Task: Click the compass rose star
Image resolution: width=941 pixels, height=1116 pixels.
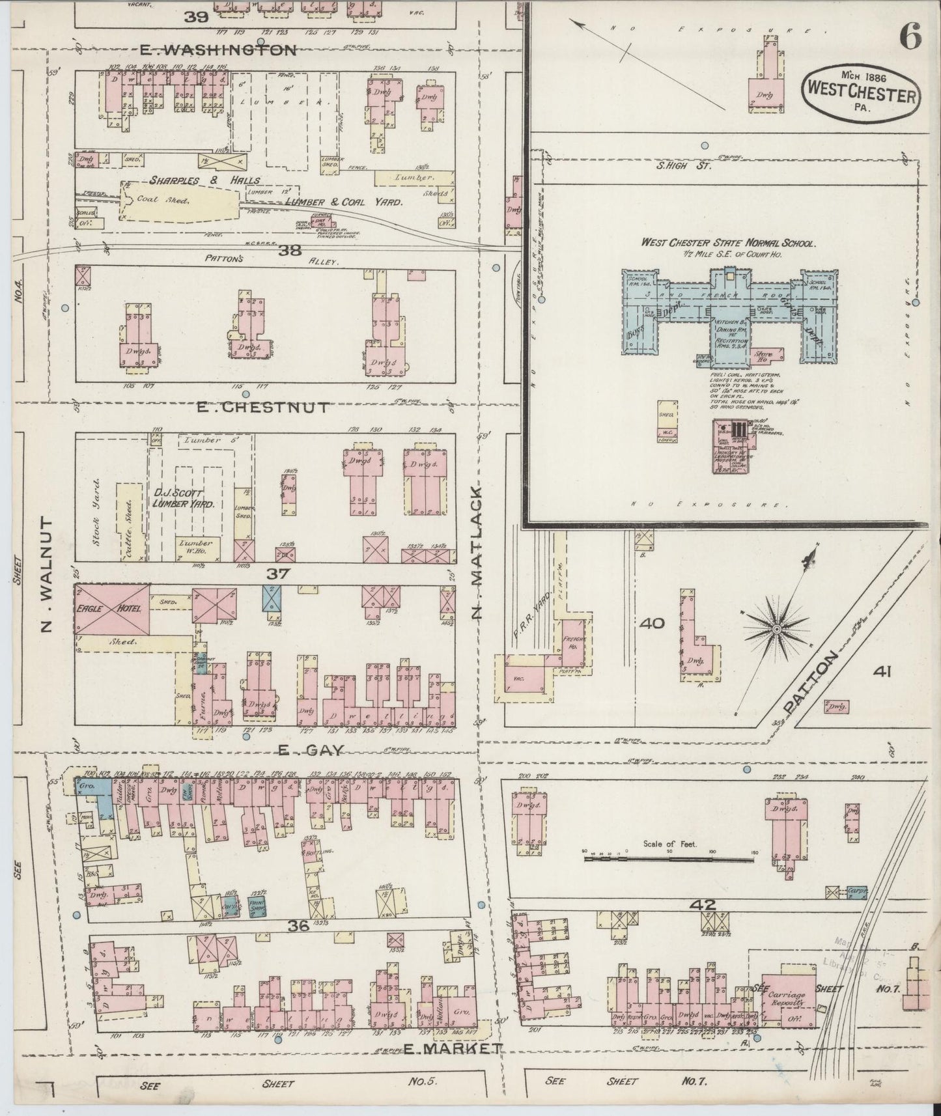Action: (776, 629)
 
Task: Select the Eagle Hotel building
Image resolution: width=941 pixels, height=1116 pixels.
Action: (112, 609)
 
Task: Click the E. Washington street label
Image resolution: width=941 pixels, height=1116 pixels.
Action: (219, 50)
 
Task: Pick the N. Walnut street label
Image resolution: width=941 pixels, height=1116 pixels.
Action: (46, 575)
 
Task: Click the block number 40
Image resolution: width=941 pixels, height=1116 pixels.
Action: (652, 624)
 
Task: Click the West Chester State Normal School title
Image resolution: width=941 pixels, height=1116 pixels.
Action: (727, 243)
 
